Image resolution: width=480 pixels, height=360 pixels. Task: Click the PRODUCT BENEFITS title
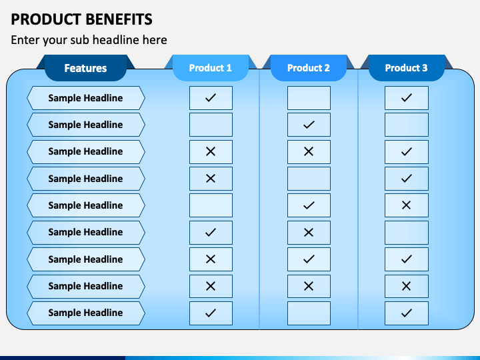(x=81, y=19)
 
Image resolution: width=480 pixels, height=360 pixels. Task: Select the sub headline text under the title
(x=89, y=40)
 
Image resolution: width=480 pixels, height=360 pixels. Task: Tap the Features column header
(x=85, y=68)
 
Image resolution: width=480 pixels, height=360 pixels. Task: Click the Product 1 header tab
(x=211, y=68)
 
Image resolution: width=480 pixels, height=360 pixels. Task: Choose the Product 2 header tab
(x=309, y=68)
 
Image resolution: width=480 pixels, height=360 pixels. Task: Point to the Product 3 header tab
(x=407, y=68)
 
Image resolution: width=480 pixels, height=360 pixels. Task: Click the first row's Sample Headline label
(x=85, y=98)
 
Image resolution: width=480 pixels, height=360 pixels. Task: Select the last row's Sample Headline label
(x=85, y=313)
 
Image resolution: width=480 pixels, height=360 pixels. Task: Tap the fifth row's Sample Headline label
(x=85, y=205)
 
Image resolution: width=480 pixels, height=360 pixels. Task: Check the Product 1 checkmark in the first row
(x=211, y=98)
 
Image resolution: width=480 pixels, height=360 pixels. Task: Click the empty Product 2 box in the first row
(x=309, y=98)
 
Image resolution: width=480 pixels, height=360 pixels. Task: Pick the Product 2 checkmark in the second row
(x=309, y=125)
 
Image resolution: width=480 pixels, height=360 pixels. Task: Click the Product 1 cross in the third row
(x=211, y=151)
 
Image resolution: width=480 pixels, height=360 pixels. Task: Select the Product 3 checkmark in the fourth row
(x=407, y=179)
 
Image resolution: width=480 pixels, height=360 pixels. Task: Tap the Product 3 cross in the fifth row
(x=407, y=205)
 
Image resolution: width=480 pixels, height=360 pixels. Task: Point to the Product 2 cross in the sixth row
(x=309, y=232)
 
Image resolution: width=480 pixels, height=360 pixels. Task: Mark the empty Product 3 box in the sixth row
(x=407, y=232)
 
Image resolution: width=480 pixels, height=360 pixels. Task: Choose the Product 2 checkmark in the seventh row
(x=309, y=259)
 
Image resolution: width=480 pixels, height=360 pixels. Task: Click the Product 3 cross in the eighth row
(x=407, y=286)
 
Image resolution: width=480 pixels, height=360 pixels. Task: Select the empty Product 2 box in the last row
(x=309, y=313)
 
